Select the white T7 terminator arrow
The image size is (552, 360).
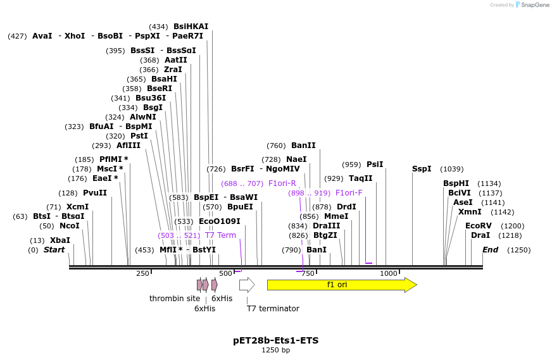pyautogui.click(x=247, y=285)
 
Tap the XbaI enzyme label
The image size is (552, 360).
pyautogui.click(x=60, y=240)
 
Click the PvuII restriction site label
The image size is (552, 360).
pyautogui.click(x=95, y=193)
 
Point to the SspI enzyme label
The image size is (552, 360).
pyautogui.click(x=422, y=169)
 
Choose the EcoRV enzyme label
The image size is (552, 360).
pyautogui.click(x=478, y=226)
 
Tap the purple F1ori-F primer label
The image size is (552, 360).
pyautogui.click(x=349, y=193)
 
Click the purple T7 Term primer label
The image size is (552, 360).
pyautogui.click(x=220, y=235)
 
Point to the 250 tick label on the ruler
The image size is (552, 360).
pyautogui.click(x=142, y=273)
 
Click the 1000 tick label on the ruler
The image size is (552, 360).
pyautogui.click(x=389, y=273)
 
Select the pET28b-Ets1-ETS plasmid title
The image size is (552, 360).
pyautogui.click(x=276, y=340)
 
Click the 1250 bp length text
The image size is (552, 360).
pyautogui.click(x=276, y=350)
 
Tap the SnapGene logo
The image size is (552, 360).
pyautogui.click(x=533, y=5)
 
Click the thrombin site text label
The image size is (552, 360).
pyautogui.click(x=175, y=299)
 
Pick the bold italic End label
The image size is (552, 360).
pyautogui.click(x=490, y=250)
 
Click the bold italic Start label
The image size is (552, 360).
pyautogui.click(x=54, y=250)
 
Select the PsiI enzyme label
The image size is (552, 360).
pyautogui.click(x=375, y=164)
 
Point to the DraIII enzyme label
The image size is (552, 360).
pyautogui.click(x=327, y=226)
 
